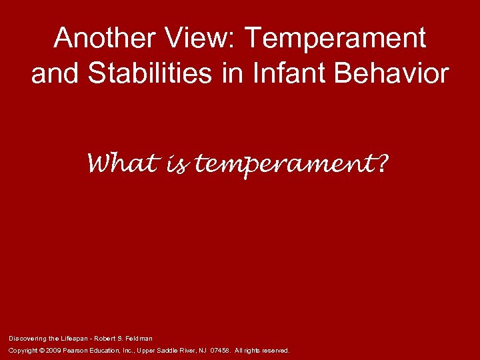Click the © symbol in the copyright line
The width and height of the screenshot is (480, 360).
click(41, 350)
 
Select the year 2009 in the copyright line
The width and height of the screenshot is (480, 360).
click(53, 350)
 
